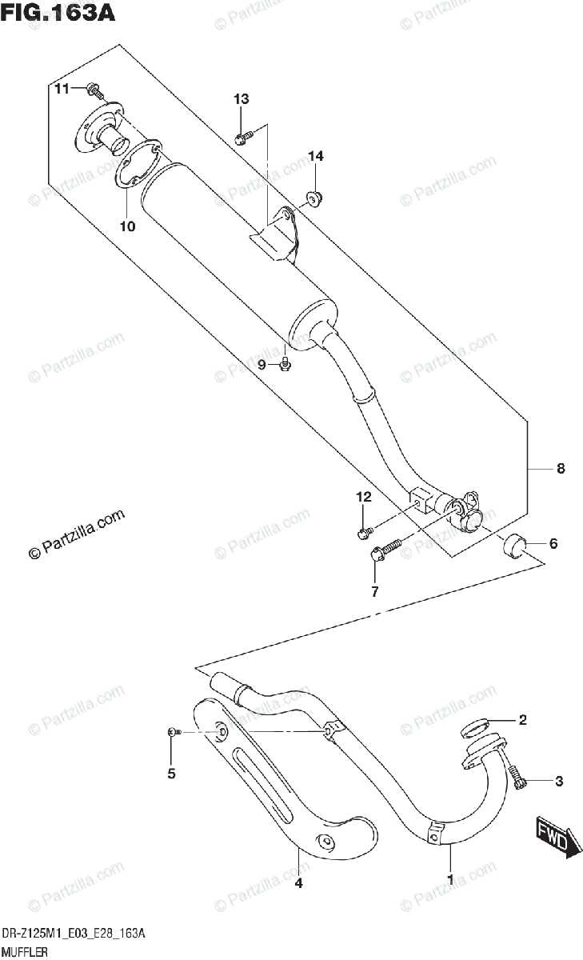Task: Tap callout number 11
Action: pos(62,88)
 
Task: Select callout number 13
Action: pos(241,99)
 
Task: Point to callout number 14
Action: pos(316,157)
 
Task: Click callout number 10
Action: pos(127,226)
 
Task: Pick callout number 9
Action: pos(261,365)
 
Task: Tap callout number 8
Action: pos(560,470)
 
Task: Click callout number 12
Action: pos(364,497)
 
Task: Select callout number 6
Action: pos(552,544)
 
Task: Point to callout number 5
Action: pos(170,773)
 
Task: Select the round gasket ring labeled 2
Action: pos(475,728)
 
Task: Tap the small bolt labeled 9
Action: pos(286,365)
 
